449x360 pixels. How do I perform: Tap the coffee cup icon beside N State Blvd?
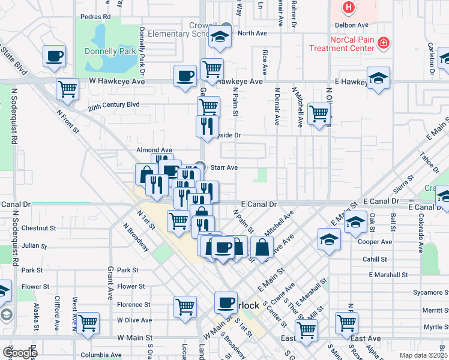point(54,57)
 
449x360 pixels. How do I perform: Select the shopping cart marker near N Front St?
point(67,89)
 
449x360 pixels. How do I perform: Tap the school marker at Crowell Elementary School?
point(220,37)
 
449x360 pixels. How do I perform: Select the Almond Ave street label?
point(154,150)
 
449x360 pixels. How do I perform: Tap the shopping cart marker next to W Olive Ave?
point(88,323)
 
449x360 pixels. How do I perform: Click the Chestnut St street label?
point(38,228)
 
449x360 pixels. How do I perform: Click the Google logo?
point(20,353)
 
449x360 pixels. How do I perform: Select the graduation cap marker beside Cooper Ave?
point(329,240)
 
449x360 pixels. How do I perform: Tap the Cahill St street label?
point(375,259)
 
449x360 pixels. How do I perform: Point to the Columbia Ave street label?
point(85,355)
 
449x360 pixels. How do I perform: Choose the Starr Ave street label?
point(224,167)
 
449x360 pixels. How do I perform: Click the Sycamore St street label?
point(427,293)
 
